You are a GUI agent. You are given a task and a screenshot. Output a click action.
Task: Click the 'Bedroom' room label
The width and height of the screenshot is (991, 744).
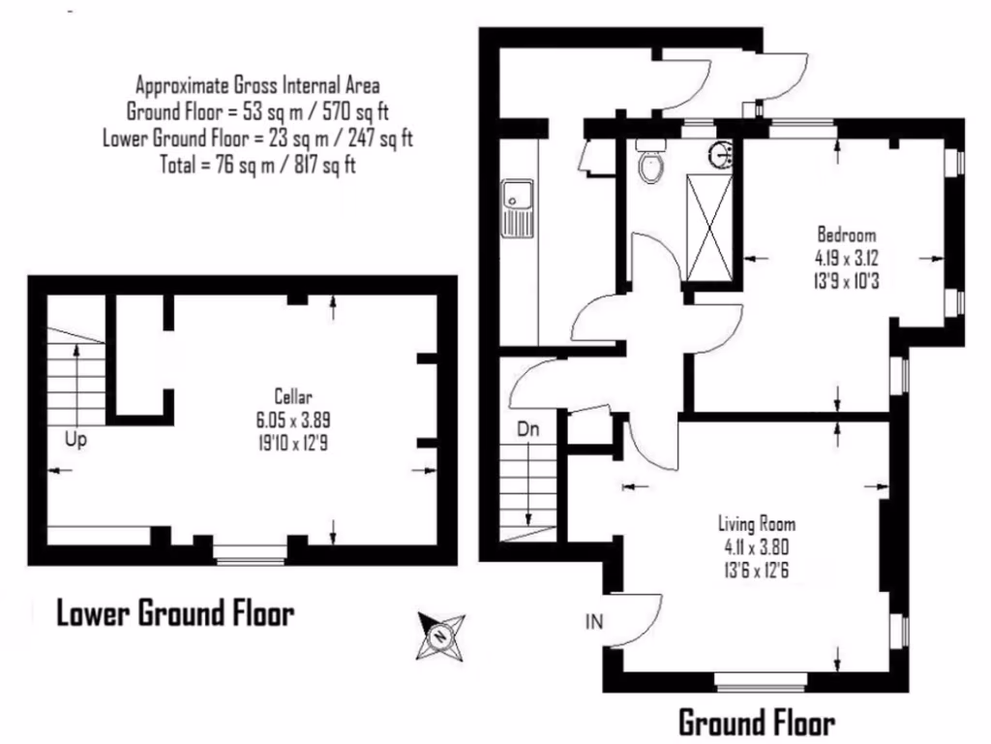pyautogui.click(x=846, y=234)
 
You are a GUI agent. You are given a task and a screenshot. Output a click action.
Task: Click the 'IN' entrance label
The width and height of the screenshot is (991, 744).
pyautogui.click(x=594, y=621)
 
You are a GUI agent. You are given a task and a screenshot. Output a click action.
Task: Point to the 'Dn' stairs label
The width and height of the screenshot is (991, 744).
pyautogui.click(x=527, y=429)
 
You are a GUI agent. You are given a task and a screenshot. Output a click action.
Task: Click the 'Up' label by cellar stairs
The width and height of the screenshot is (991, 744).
pyautogui.click(x=75, y=440)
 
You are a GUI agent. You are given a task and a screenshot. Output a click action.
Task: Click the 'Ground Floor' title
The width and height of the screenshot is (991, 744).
pyautogui.click(x=755, y=723)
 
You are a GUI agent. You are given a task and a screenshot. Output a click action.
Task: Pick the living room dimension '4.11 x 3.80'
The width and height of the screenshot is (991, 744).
pyautogui.click(x=756, y=547)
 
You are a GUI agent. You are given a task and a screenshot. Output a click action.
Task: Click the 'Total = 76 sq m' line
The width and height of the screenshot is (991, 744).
pyautogui.click(x=257, y=165)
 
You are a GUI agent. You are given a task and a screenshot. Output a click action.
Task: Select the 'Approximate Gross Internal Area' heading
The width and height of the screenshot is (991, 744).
pyautogui.click(x=257, y=83)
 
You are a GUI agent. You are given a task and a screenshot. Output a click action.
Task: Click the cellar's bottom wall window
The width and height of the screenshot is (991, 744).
pyautogui.click(x=250, y=554)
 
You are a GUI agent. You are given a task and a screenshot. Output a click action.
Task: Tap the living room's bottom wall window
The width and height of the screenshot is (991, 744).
pyautogui.click(x=762, y=680)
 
